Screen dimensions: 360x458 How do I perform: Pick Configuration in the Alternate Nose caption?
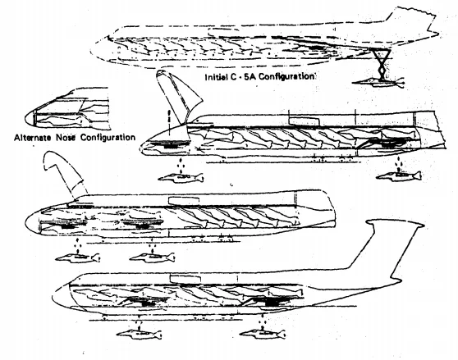[110, 137]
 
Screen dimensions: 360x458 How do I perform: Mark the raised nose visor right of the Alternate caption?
[178, 94]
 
